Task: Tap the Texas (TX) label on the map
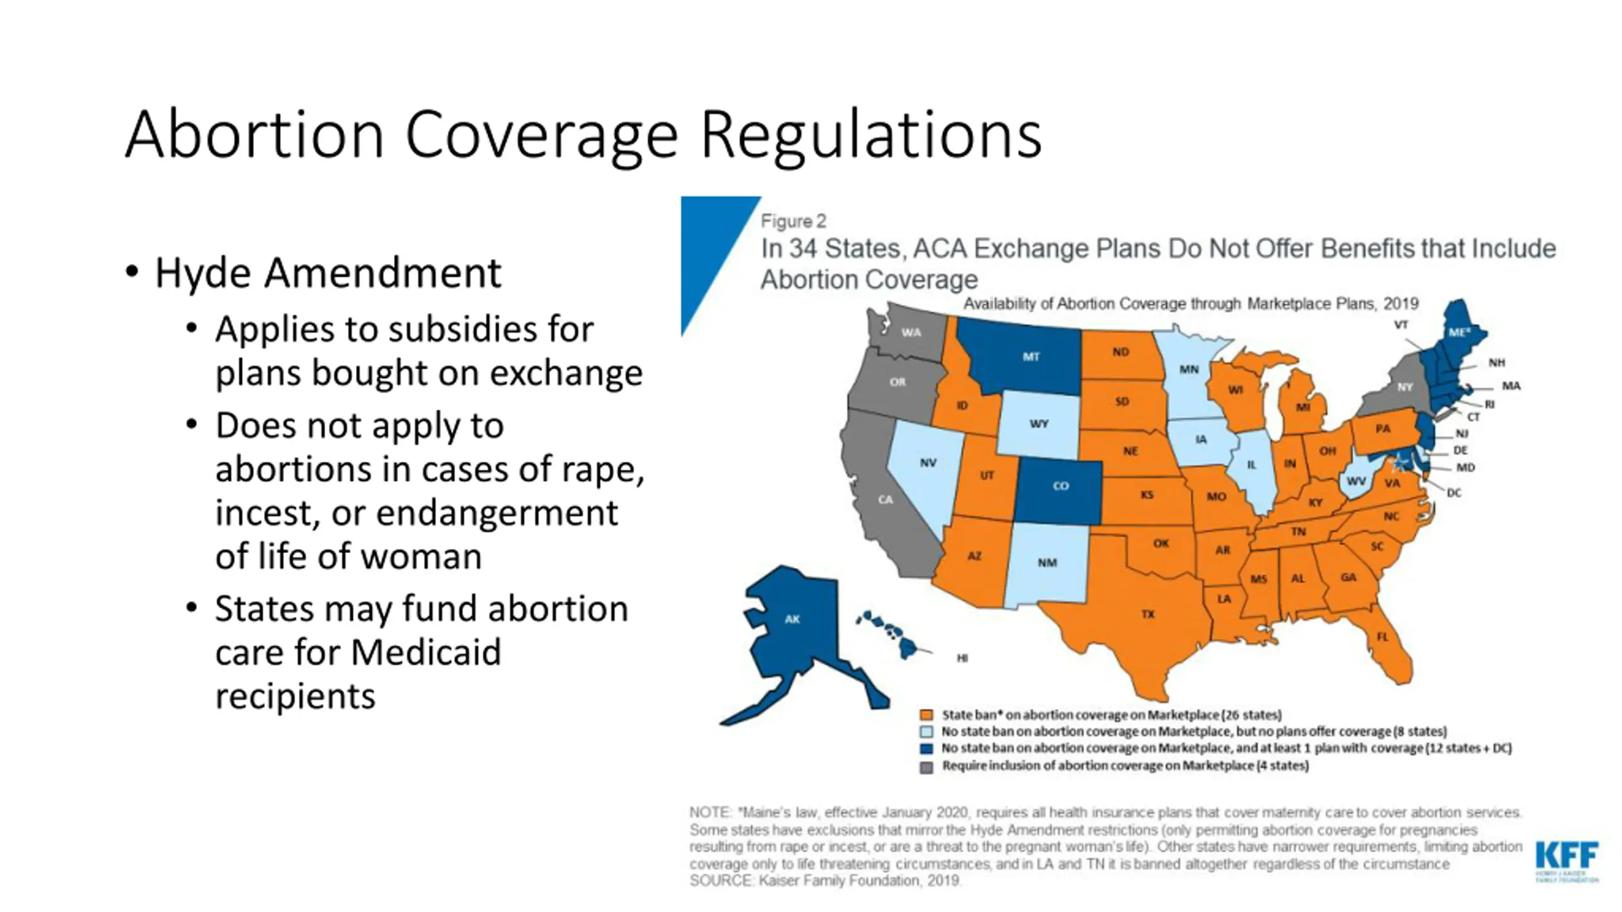(1148, 614)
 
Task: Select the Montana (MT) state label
(1031, 357)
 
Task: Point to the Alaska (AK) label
(792, 619)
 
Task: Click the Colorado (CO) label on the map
(1061, 486)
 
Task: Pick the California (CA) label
(885, 500)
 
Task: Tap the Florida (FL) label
(1383, 636)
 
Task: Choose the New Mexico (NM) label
(1047, 562)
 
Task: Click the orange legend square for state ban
(926, 715)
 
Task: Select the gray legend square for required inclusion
(926, 766)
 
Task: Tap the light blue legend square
(926, 732)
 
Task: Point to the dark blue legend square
(926, 749)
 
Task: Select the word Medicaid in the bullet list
(426, 652)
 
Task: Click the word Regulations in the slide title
(871, 135)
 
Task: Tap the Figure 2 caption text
(793, 221)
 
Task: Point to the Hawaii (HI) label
(962, 658)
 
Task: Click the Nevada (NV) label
(928, 463)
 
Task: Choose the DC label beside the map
(1453, 493)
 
